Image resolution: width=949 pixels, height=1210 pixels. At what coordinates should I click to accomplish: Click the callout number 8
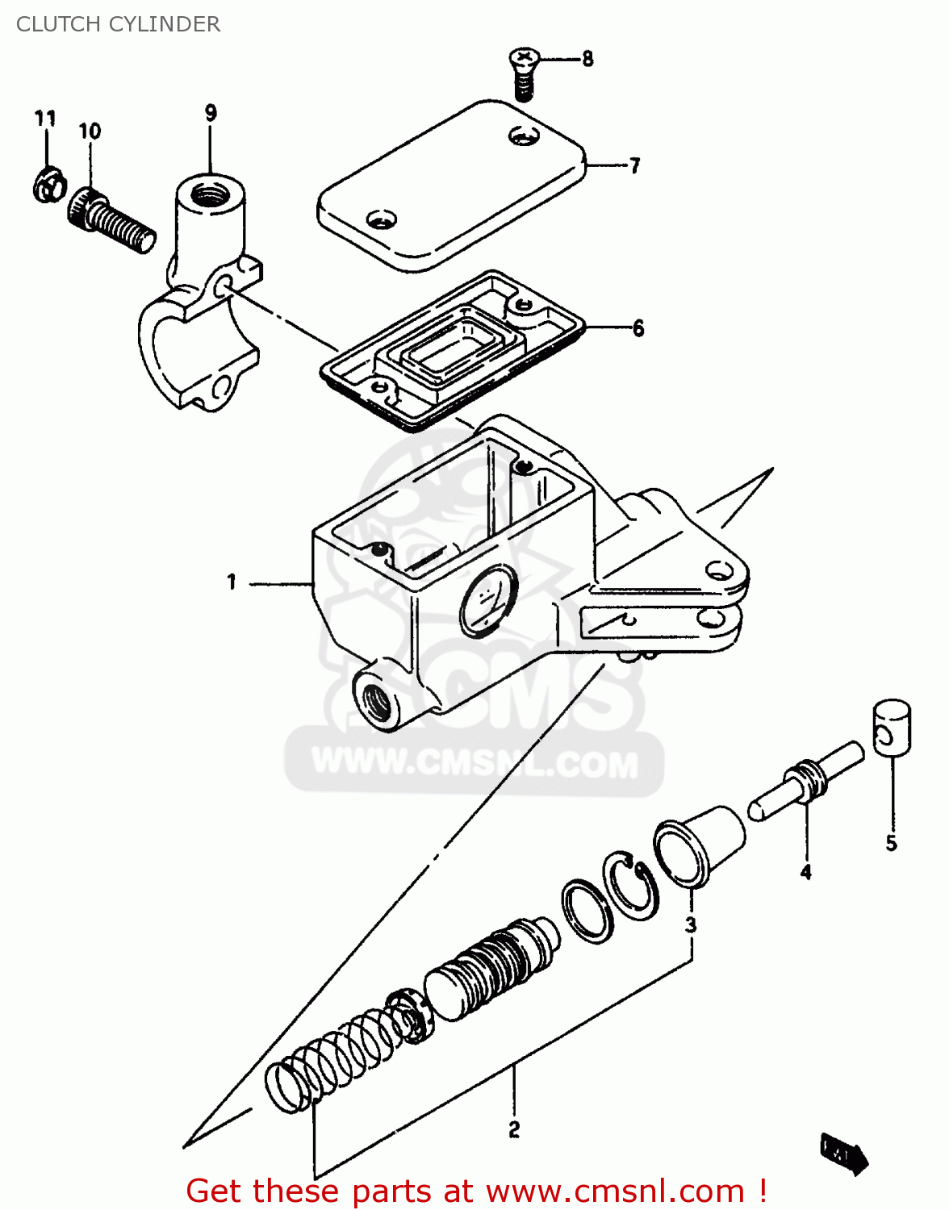click(x=587, y=59)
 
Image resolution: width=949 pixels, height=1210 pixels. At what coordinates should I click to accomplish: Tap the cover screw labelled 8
click(x=524, y=72)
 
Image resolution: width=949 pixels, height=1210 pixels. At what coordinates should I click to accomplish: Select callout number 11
click(x=45, y=119)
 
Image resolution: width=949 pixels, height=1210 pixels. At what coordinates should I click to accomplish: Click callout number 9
click(x=211, y=113)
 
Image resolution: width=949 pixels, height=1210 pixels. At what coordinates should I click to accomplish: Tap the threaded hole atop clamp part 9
click(x=211, y=194)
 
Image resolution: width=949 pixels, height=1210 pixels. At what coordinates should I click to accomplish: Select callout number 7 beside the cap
click(x=635, y=165)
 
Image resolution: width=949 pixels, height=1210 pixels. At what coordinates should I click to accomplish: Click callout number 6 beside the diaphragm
click(x=638, y=328)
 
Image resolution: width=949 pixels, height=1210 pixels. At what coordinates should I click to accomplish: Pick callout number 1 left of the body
click(x=232, y=582)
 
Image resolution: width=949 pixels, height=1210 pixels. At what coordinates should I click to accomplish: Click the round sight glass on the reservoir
click(x=487, y=599)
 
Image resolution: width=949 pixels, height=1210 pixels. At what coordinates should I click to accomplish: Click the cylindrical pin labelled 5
click(x=892, y=728)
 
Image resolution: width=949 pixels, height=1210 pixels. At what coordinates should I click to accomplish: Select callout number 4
click(x=805, y=872)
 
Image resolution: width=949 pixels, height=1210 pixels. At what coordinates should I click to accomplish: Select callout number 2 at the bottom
click(x=514, y=1129)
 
